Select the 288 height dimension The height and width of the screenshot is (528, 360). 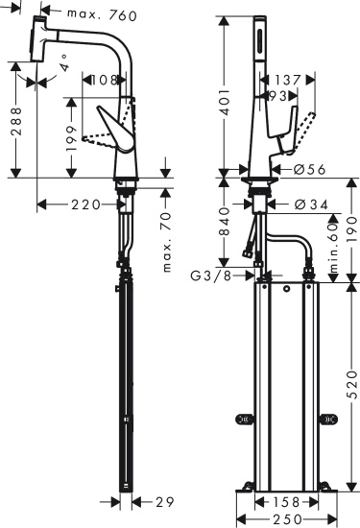tap(13, 119)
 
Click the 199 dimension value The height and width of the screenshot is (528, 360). tap(69, 141)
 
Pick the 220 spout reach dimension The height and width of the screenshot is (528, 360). tap(84, 204)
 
